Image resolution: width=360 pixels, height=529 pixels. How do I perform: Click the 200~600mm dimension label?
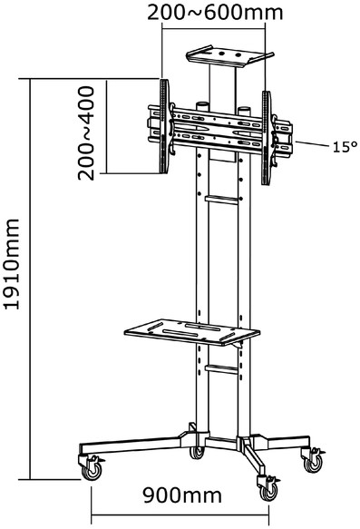pyautogui.click(x=215, y=12)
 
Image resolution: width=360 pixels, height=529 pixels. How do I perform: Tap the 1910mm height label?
pyautogui.click(x=12, y=264)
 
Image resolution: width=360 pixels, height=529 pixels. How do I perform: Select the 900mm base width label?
pyautogui.click(x=182, y=495)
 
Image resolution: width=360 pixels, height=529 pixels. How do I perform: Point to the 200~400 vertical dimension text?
pyautogui.click(x=86, y=132)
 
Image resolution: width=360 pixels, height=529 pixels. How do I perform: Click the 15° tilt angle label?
pyautogui.click(x=345, y=147)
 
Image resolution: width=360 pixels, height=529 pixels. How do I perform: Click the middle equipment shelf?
pyautogui.click(x=192, y=332)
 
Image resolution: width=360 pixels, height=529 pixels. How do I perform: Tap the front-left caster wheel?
pyautogui.click(x=92, y=471)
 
